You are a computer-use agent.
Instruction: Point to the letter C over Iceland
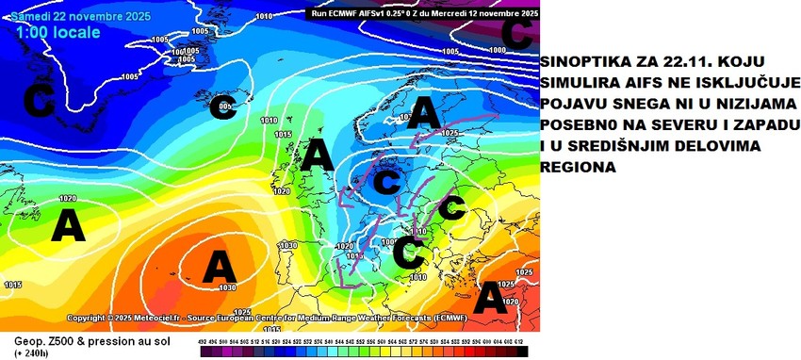[223, 105]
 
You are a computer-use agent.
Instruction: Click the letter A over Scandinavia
[424, 116]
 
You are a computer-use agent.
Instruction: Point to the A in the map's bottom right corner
[490, 299]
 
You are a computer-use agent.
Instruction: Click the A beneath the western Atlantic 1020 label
[67, 226]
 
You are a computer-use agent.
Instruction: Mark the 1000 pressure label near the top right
[497, 50]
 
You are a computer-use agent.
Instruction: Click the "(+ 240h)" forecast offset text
[34, 352]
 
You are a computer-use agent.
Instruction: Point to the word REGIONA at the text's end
[580, 167]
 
